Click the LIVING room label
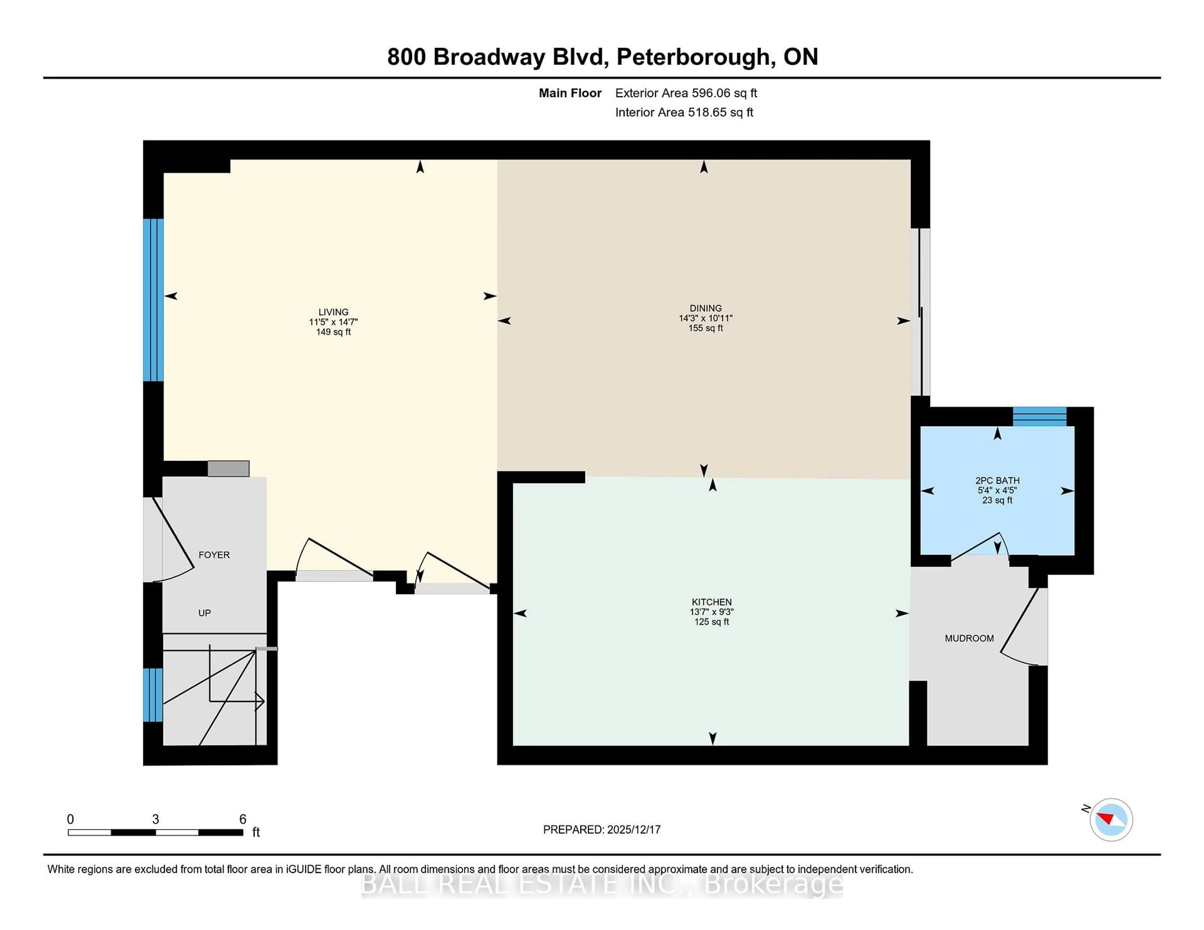[333, 312]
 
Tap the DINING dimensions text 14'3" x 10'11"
[705, 318]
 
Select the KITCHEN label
[711, 602]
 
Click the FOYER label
[214, 555]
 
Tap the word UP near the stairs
[204, 613]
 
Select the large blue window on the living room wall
[153, 300]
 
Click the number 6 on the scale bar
[243, 819]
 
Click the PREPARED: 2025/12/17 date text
[601, 830]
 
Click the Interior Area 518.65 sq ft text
[684, 112]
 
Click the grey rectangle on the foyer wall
[228, 468]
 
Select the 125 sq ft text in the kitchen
[711, 622]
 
